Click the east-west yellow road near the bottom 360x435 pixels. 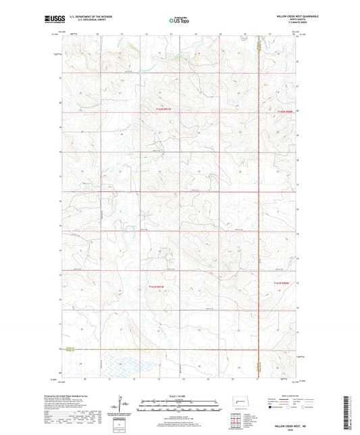(169, 349)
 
